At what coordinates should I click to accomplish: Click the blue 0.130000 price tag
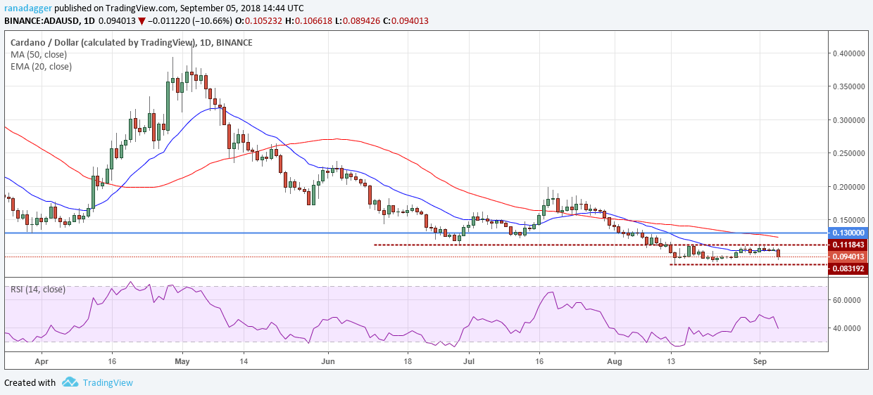pyautogui.click(x=848, y=233)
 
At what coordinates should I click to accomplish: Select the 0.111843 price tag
pyautogui.click(x=848, y=245)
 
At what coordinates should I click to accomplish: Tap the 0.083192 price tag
pyautogui.click(x=848, y=268)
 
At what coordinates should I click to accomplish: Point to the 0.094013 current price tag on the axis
pyautogui.click(x=848, y=257)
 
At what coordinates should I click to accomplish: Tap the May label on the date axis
pyautogui.click(x=182, y=361)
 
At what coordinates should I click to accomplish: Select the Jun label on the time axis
pyautogui.click(x=328, y=361)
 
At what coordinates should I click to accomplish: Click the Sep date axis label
pyautogui.click(x=760, y=361)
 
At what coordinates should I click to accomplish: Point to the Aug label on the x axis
pyautogui.click(x=615, y=361)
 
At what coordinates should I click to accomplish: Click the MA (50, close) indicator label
pyautogui.click(x=39, y=55)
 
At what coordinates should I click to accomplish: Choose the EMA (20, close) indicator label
pyautogui.click(x=41, y=67)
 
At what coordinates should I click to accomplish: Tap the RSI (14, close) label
pyautogui.click(x=38, y=290)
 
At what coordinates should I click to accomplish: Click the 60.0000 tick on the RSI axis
pyautogui.click(x=846, y=300)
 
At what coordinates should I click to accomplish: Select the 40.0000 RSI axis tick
pyautogui.click(x=846, y=328)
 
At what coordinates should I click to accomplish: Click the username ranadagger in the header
pyautogui.click(x=28, y=8)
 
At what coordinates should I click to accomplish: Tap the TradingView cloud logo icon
pyautogui.click(x=70, y=382)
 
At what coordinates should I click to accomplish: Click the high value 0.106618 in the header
pyautogui.click(x=314, y=20)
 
